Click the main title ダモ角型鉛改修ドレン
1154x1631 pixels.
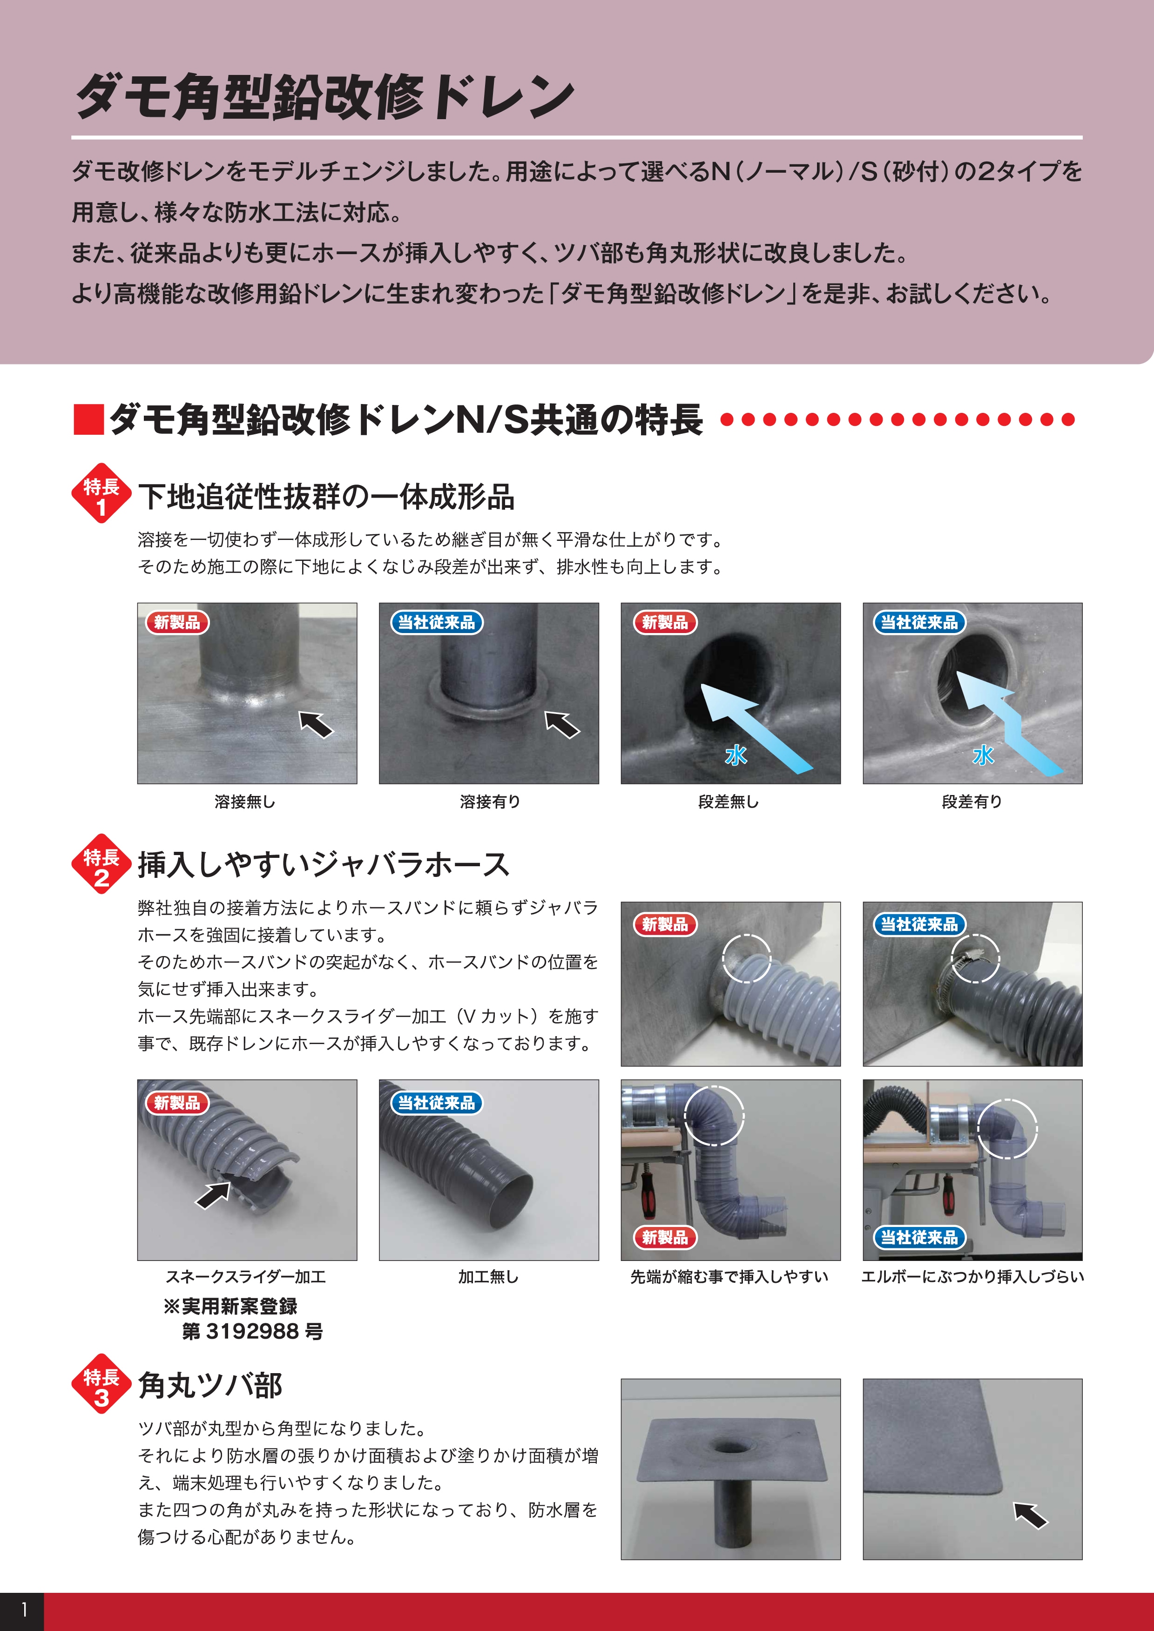coord(325,97)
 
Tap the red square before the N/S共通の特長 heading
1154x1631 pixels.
coord(89,419)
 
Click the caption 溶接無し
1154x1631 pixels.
coord(245,802)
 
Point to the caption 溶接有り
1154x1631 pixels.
coord(490,802)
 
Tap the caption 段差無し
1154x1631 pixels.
coord(729,802)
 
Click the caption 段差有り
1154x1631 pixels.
coord(972,802)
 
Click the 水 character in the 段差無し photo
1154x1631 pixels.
coord(736,755)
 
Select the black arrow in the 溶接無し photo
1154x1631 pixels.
coord(316,724)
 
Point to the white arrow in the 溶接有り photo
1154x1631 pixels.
coord(562,724)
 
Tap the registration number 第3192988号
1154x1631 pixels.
coord(252,1332)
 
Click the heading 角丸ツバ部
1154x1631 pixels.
coord(210,1386)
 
